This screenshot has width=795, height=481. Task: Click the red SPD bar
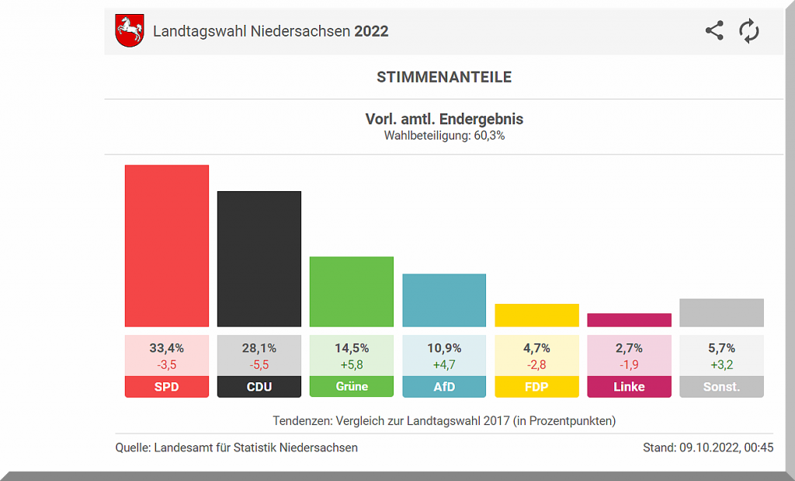(167, 246)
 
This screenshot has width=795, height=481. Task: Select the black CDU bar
(259, 259)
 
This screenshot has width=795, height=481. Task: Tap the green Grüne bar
(352, 291)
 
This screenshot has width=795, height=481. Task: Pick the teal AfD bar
(444, 300)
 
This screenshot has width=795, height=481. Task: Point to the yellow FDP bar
(536, 315)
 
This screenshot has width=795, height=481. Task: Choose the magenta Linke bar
(629, 320)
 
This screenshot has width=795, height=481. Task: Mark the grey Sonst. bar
(721, 312)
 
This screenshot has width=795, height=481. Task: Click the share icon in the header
(714, 31)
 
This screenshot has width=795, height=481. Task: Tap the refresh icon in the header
(749, 31)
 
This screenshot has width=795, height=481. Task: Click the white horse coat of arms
(130, 31)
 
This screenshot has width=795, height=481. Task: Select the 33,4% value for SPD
(167, 348)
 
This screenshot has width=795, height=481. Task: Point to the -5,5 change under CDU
(259, 364)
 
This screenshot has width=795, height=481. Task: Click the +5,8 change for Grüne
(352, 364)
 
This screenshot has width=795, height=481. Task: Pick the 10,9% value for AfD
(444, 348)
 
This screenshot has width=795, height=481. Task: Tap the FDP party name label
(536, 386)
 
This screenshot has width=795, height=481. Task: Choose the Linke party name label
(629, 386)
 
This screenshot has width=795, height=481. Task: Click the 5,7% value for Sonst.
(721, 348)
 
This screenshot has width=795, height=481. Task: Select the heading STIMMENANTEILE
(444, 77)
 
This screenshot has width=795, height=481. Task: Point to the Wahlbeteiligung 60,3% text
(444, 135)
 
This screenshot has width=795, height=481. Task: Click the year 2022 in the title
(371, 32)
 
